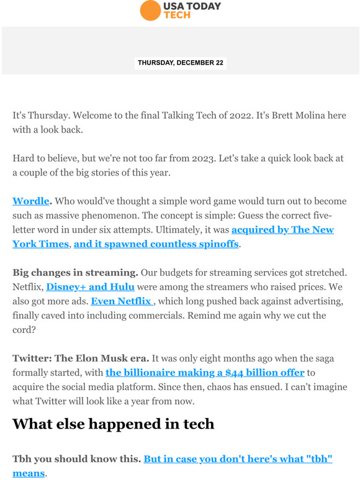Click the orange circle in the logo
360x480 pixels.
coord(150,11)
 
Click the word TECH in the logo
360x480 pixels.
coord(176,15)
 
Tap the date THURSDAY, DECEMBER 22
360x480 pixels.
coord(180,63)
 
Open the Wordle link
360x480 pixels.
coord(30,202)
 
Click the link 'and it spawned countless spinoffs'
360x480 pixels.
coord(156,244)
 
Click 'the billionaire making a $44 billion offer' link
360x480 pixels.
coord(205,373)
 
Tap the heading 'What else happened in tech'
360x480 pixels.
coord(114,424)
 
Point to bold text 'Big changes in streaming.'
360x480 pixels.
coord(75,272)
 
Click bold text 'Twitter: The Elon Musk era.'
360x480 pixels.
coord(81,358)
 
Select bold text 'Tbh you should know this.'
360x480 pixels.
coord(76,460)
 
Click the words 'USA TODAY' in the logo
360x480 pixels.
coord(192,6)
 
